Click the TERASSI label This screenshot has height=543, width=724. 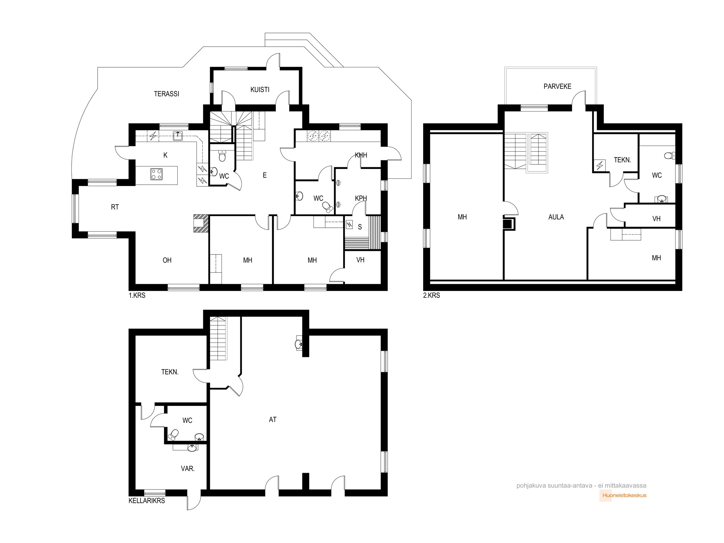pos(167,94)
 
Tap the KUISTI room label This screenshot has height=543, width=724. pos(260,89)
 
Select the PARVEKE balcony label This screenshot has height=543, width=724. pos(557,86)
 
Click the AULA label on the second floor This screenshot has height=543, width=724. pos(556,217)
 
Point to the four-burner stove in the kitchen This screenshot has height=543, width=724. pos(156,174)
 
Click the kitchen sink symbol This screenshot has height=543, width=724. pos(178,136)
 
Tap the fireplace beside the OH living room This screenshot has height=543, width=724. pos(201,223)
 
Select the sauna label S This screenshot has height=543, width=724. pos(360,227)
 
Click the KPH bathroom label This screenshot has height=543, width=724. pos(361,198)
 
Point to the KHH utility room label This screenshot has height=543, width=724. pos(361,155)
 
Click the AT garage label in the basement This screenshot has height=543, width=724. pos(273,420)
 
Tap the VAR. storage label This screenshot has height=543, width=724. pos(188,468)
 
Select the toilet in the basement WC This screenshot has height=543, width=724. pos(174,434)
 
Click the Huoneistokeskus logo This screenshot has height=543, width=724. pos(623,495)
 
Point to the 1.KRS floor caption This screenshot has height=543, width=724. pos(137,295)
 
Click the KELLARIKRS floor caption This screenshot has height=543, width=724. pos(147,501)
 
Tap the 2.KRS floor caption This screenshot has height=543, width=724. pos(432,295)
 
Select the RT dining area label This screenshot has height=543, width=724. pos(115,207)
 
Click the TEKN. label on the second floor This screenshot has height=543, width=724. pos(622,160)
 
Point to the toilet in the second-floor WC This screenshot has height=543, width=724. pos(669,156)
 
